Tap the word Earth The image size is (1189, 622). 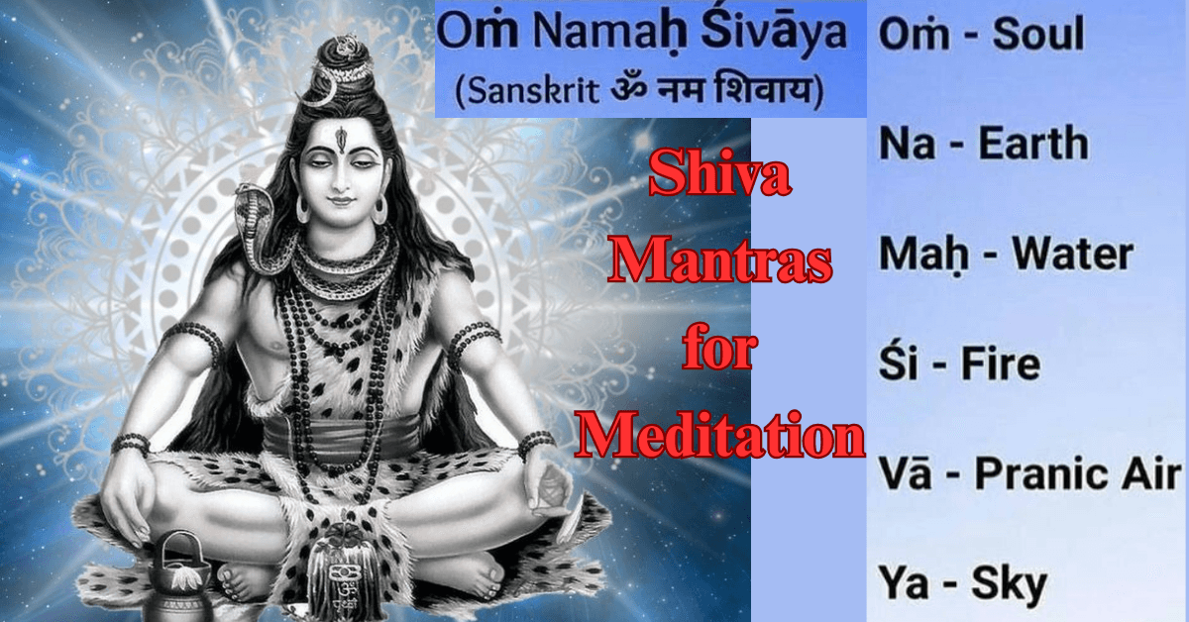tap(1032, 146)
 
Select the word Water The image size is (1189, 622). tap(1072, 255)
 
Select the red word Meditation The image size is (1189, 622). tap(720, 437)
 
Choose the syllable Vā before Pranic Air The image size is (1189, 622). tap(903, 475)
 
